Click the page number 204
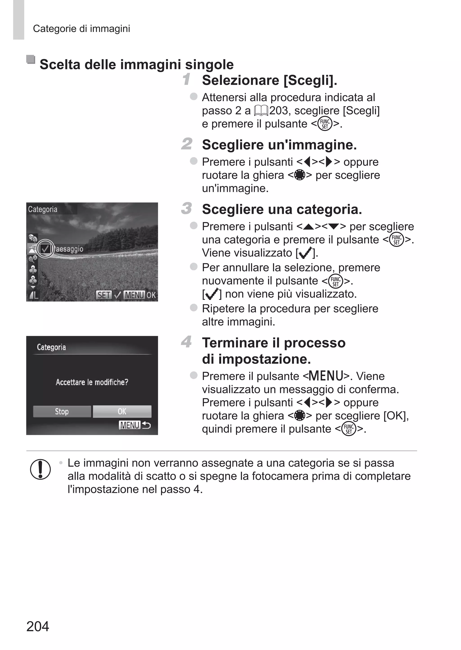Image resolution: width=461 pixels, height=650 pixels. point(38,626)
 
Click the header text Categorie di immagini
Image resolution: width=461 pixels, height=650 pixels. point(81,29)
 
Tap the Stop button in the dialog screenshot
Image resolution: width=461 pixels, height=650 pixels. point(62,411)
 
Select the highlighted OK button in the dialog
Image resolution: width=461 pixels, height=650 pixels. point(122,411)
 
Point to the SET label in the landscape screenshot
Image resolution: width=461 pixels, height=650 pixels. point(104,295)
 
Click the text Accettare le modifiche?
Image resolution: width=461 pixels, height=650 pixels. point(92,382)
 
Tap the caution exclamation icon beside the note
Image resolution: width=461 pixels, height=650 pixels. point(40,469)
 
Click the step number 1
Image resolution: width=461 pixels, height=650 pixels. point(187,79)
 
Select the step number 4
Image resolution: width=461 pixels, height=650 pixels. point(187,342)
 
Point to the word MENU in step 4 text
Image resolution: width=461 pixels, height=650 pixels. point(326,376)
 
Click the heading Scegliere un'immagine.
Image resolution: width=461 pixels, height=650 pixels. point(279,145)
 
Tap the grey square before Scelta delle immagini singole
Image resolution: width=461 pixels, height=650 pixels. point(31,60)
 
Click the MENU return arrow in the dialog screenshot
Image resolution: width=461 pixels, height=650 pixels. point(146,425)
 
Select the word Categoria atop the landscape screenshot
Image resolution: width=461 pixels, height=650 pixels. point(43,209)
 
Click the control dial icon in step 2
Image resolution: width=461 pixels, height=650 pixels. point(299,175)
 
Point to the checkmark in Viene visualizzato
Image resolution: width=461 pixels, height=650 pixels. point(305,253)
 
